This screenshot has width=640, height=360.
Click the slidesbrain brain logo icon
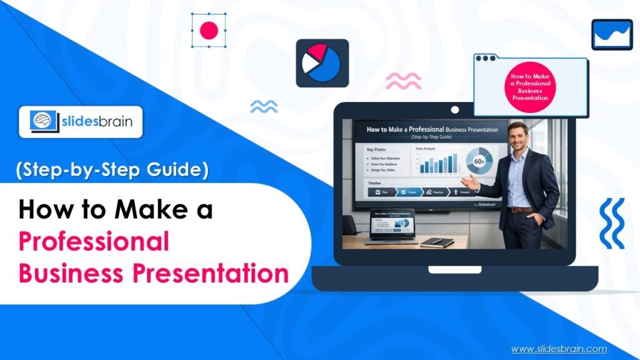click(42, 121)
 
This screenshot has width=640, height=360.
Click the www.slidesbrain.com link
click(559, 349)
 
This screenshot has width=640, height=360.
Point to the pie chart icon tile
click(322, 62)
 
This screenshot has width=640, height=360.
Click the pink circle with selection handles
click(209, 30)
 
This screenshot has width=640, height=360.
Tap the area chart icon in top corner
click(612, 34)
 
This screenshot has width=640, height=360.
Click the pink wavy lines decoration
click(403, 81)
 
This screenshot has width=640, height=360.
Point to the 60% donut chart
click(479, 161)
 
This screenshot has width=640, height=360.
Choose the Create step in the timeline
click(412, 192)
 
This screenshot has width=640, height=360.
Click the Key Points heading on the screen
click(378, 150)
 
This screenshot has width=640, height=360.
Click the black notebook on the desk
click(437, 241)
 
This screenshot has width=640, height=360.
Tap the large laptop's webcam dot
click(455, 111)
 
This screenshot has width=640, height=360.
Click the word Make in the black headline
click(142, 210)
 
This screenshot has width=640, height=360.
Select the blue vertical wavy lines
click(611, 224)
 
